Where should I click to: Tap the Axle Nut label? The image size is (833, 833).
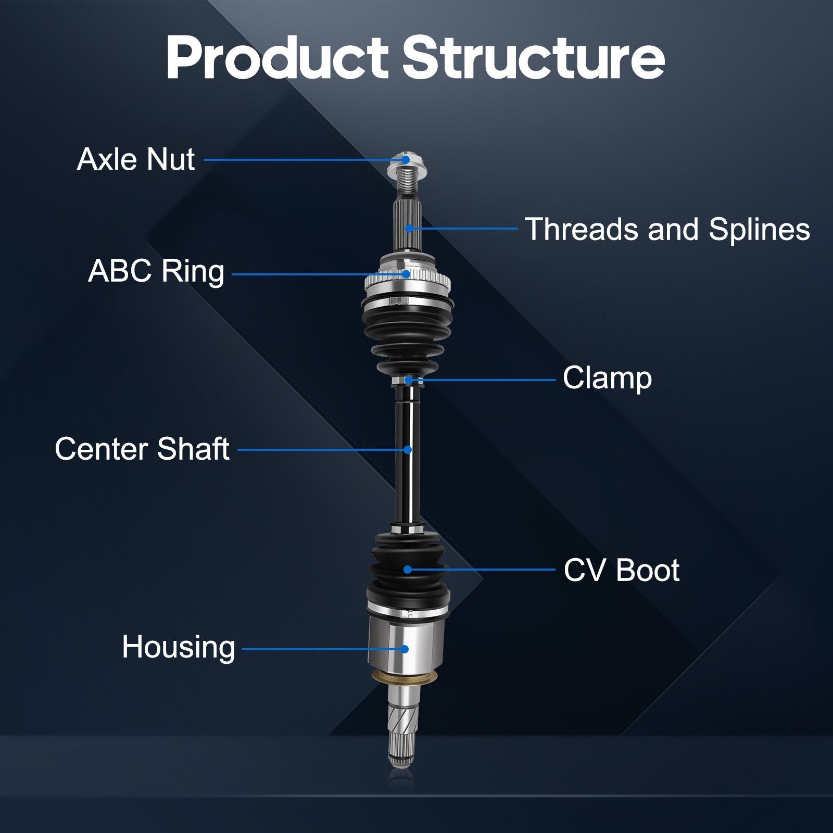click(x=136, y=159)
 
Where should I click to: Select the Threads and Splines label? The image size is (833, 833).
click(x=667, y=229)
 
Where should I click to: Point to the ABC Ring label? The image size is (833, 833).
click(x=156, y=271)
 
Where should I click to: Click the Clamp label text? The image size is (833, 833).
click(x=607, y=378)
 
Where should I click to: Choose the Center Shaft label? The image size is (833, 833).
click(x=142, y=449)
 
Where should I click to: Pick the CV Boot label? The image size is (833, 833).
click(x=622, y=570)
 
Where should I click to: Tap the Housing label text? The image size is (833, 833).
click(x=179, y=647)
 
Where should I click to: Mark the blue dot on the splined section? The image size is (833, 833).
click(x=409, y=228)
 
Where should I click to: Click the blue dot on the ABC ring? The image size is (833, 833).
click(x=406, y=274)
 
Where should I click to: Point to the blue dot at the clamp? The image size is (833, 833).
click(x=409, y=380)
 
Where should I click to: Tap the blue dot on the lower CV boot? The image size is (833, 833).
click(x=408, y=570)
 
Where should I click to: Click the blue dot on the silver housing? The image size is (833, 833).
click(x=405, y=649)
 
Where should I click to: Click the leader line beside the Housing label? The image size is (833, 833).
click(x=323, y=649)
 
